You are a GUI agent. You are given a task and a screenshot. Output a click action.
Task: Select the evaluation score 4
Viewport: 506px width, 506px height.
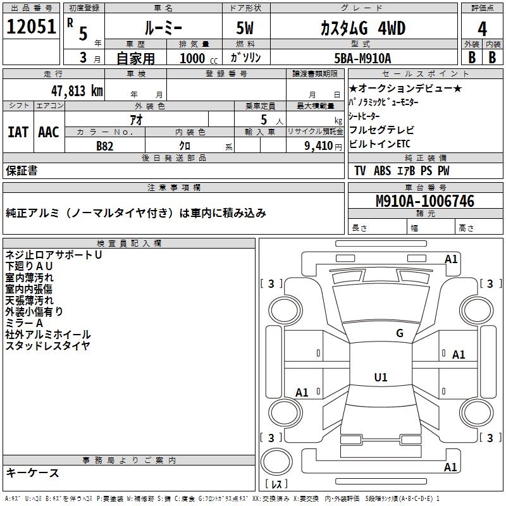pos(483,28)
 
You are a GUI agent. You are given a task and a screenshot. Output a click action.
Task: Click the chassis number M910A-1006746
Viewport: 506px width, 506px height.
pos(425,202)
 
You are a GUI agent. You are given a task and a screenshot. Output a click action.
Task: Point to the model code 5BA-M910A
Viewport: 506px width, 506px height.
pos(362,58)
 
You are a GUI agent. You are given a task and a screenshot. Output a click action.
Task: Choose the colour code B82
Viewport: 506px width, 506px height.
pos(105,145)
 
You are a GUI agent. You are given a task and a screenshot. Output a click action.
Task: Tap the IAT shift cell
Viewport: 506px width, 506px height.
pos(18,132)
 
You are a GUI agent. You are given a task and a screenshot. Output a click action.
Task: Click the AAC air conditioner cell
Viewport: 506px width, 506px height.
pos(49,132)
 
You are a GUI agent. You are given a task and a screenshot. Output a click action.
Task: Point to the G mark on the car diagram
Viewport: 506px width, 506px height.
pos(400,333)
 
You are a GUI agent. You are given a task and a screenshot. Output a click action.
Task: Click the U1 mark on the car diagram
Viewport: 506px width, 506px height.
pos(381,378)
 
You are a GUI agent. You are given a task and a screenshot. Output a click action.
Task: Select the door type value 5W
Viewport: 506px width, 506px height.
pos(245,28)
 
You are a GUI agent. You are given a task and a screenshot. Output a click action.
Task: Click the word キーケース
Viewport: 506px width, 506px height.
pos(32,473)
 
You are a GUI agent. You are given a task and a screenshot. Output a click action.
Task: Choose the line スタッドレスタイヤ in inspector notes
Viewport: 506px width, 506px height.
pos(47,346)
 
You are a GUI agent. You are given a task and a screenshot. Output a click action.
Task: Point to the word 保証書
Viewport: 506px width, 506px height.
pos(22,170)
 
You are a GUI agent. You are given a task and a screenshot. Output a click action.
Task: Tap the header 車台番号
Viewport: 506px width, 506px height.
pos(426,188)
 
